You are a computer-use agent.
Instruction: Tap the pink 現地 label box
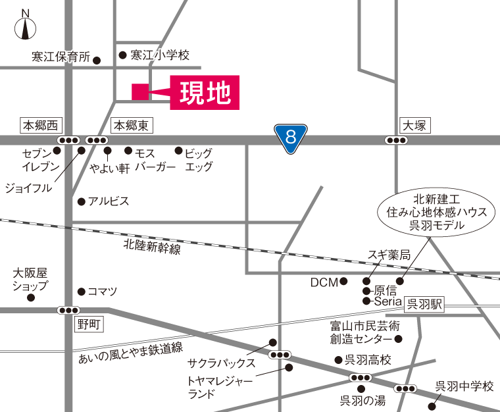point(204,93)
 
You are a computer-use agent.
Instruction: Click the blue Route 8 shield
point(290,138)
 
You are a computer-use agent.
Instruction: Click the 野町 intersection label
point(87,324)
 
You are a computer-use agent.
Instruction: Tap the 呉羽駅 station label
point(425,304)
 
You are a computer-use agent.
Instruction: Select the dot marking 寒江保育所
point(97,61)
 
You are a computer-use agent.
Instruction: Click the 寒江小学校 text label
point(160,55)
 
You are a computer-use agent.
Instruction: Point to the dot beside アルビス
point(81,201)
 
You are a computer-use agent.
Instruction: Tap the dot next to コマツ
point(82,291)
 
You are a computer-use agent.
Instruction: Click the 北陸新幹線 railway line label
point(152,247)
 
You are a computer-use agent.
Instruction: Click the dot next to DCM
point(343,282)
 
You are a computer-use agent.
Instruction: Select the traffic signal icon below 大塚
point(396,140)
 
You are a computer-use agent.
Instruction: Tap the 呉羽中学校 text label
point(464,386)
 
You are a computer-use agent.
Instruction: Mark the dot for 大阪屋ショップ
point(31,297)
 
